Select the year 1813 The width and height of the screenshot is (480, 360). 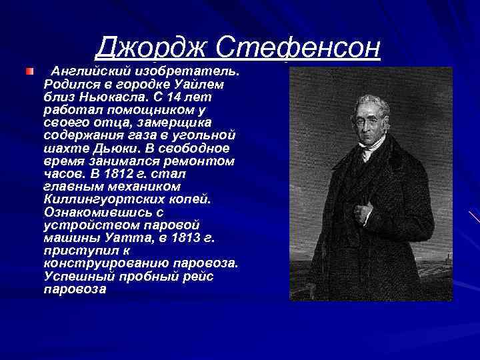pyautogui.click(x=193, y=237)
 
